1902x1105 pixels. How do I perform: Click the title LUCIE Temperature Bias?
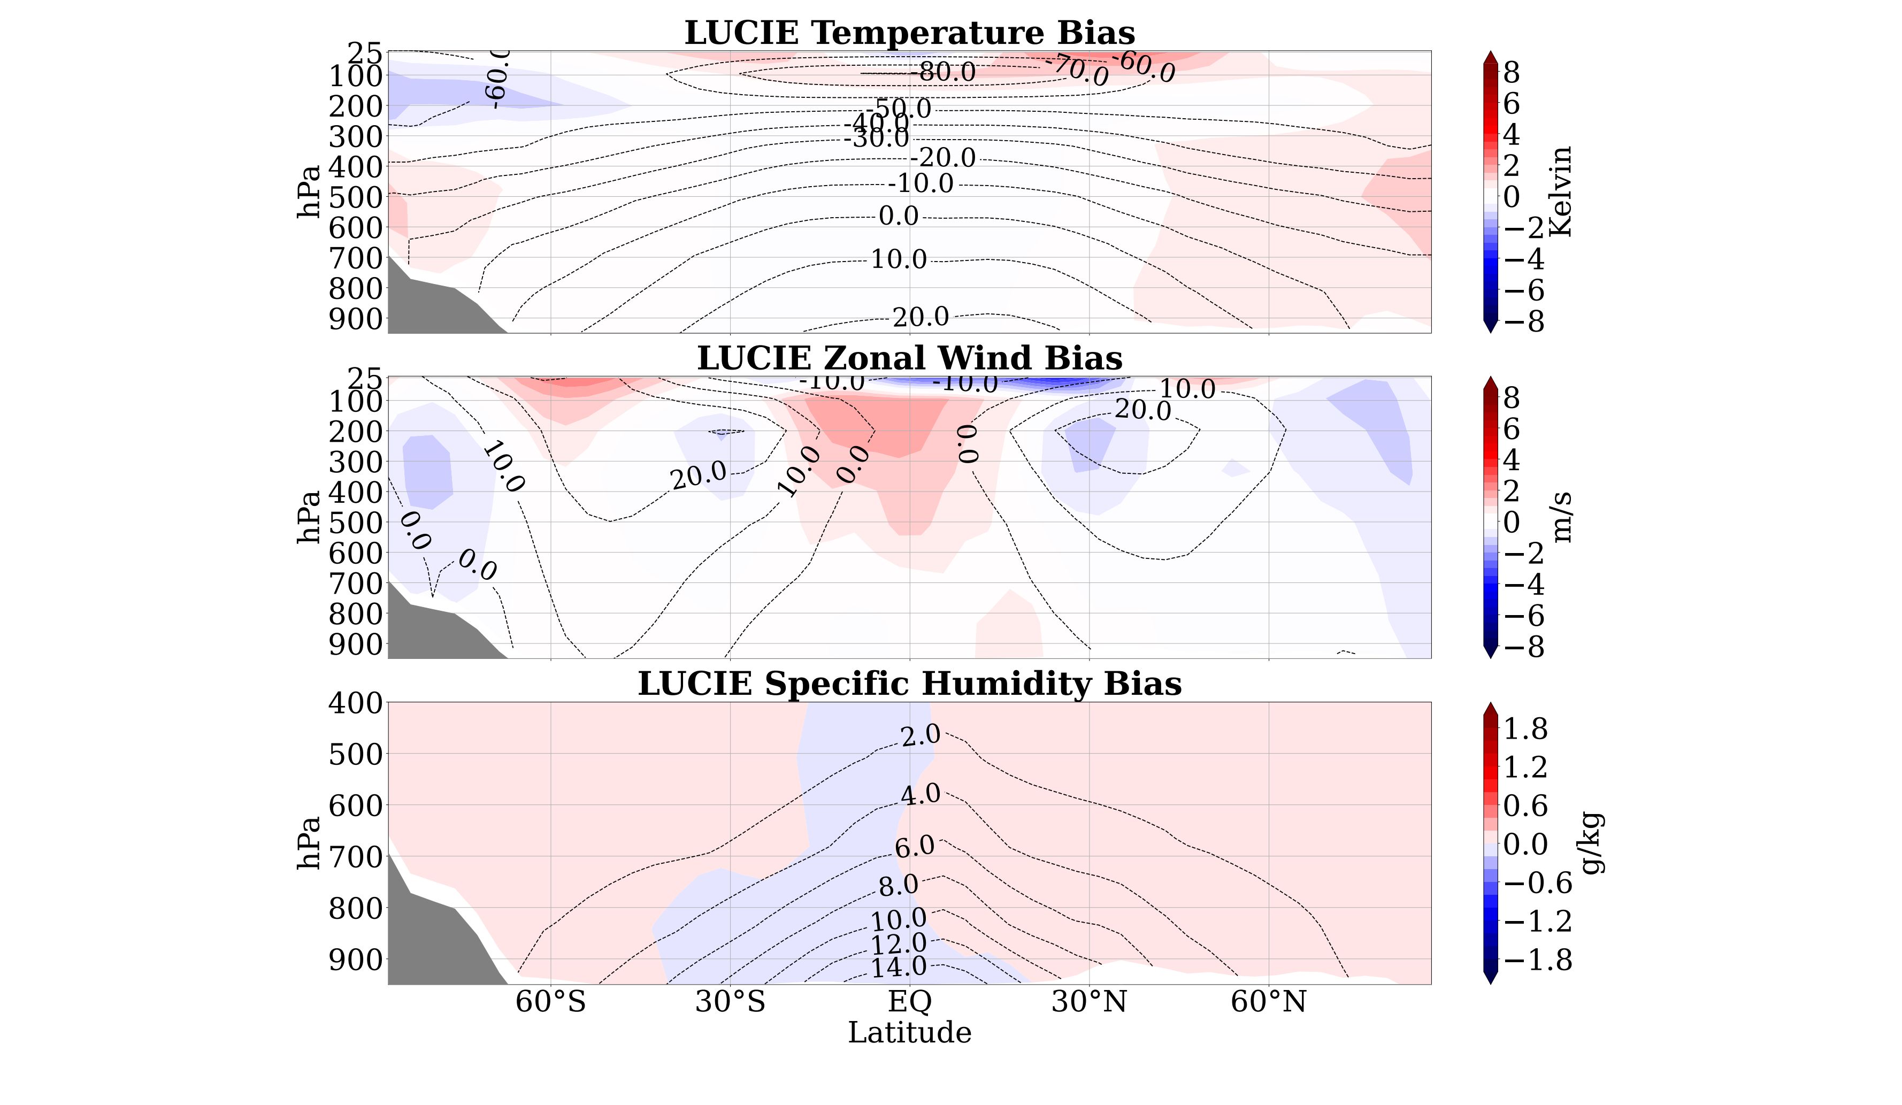coord(909,33)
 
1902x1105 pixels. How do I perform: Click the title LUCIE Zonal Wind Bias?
coord(909,358)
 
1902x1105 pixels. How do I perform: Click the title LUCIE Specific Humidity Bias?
coord(909,684)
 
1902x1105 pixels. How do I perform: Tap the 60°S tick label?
coord(550,1002)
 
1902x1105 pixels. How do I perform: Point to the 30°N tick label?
coord(1089,1002)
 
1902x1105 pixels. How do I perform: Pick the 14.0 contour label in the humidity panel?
coord(899,967)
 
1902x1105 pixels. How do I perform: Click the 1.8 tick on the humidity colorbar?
coord(1526,729)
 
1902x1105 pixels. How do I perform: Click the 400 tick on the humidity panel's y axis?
coord(356,703)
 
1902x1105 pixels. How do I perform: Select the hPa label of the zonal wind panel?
coord(309,517)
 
